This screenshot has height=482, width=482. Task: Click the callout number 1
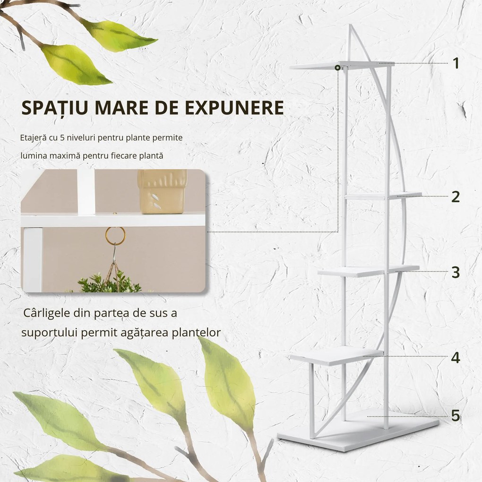456,63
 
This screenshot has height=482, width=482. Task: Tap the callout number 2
455,197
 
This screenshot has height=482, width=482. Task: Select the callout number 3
455,272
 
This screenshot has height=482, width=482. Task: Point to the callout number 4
455,358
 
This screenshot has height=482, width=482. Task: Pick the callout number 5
455,416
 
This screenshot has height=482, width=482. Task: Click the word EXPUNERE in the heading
233,108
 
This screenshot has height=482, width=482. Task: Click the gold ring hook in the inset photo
115,235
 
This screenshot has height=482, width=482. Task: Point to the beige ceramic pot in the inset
162,191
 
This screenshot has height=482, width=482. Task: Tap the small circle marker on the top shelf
337,68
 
